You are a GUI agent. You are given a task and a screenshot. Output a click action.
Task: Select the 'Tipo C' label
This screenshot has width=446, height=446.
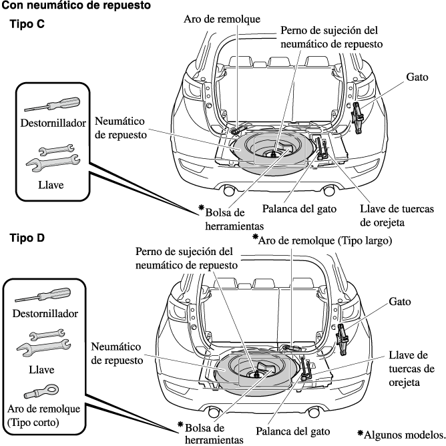(27, 25)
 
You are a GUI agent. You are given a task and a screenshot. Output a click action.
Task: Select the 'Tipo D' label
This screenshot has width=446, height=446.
(27, 238)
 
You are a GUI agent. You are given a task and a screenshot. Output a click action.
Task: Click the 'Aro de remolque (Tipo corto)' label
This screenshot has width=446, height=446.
(46, 415)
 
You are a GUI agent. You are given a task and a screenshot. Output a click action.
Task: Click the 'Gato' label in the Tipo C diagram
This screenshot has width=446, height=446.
(417, 77)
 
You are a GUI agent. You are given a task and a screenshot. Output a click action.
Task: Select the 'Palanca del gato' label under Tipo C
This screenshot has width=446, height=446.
(298, 208)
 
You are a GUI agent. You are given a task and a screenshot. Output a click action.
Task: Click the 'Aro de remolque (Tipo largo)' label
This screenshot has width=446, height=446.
(324, 239)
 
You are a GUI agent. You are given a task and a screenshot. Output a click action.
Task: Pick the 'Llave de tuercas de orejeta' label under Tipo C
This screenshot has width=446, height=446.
(396, 215)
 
